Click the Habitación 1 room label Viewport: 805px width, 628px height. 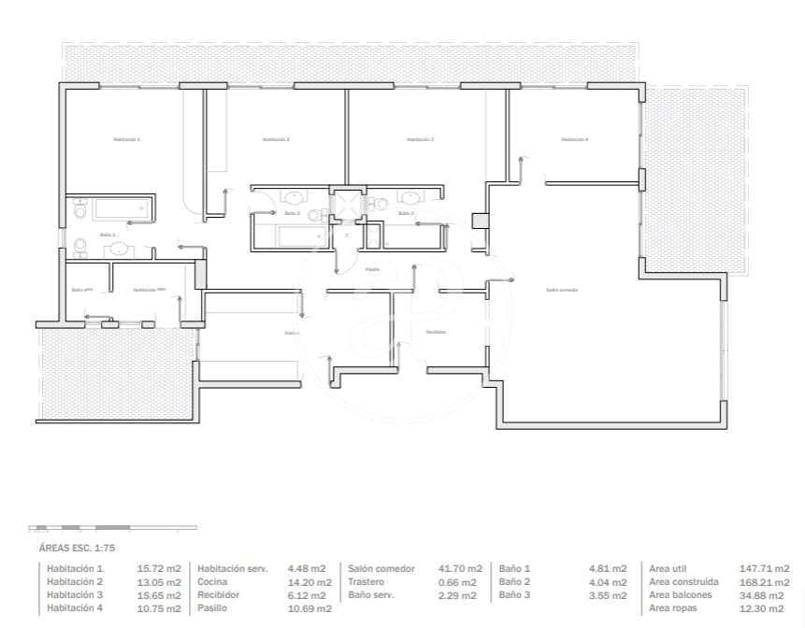pyautogui.click(x=126, y=139)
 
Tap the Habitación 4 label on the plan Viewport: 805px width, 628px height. pyautogui.click(x=574, y=139)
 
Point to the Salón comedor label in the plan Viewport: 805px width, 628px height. pyautogui.click(x=562, y=290)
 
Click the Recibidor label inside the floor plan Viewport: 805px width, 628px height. pyautogui.click(x=435, y=332)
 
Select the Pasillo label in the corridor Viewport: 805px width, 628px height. pyautogui.click(x=372, y=269)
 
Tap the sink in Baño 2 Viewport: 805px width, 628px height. pyautogui.click(x=295, y=197)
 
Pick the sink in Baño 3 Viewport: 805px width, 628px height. pyautogui.click(x=410, y=197)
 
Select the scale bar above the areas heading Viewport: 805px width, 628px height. pyautogui.click(x=79, y=528)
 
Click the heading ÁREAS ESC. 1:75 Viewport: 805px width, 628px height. pyautogui.click(x=77, y=549)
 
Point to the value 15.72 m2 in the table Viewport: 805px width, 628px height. pyautogui.click(x=159, y=568)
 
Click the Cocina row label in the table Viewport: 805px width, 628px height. pyautogui.click(x=212, y=581)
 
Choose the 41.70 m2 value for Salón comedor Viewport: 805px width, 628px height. pyautogui.click(x=461, y=568)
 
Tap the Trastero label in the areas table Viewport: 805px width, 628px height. pyautogui.click(x=367, y=581)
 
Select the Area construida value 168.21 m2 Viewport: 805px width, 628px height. pyautogui.click(x=764, y=581)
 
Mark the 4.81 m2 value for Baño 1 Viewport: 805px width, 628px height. pyautogui.click(x=608, y=568)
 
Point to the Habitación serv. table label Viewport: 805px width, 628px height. pyautogui.click(x=237, y=568)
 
